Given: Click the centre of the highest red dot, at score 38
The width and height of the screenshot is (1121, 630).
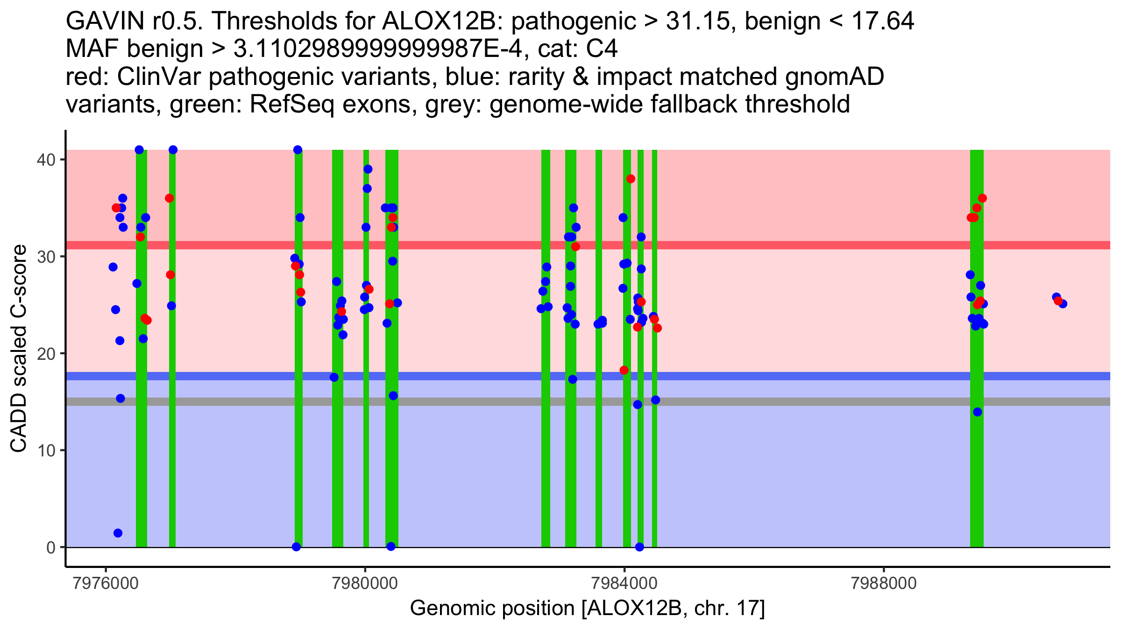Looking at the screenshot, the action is coord(631,179).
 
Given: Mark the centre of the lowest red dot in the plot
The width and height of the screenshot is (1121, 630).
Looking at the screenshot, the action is coord(624,370).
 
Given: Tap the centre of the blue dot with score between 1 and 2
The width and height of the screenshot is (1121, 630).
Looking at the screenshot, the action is coord(118,533).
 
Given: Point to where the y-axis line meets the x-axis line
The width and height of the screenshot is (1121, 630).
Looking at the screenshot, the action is coord(66,567).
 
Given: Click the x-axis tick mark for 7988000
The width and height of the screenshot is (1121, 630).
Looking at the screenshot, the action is coord(884,570).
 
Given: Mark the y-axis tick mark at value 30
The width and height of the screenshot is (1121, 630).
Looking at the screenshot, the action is coord(63,256).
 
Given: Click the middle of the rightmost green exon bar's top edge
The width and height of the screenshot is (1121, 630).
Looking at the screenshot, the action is coord(977,150).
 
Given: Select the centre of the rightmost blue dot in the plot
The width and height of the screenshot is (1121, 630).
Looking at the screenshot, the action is coord(1063,304).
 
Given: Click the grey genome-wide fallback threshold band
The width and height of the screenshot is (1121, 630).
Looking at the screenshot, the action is coord(588,401).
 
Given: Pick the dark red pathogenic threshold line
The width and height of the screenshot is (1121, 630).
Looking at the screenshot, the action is coord(588,245).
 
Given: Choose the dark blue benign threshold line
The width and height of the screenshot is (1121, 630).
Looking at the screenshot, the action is coord(588,376).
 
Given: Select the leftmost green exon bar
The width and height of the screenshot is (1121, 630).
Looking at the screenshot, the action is coord(142,348).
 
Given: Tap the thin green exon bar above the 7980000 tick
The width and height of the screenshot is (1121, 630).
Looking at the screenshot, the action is coord(366,348).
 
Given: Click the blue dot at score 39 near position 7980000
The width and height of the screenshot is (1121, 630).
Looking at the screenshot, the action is coord(368,169).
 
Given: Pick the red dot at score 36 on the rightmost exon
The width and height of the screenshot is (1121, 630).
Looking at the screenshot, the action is coord(982,198).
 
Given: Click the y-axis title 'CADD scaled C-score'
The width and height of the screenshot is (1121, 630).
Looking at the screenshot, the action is coord(19,349).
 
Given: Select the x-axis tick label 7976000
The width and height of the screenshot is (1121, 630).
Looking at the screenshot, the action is coord(106,584).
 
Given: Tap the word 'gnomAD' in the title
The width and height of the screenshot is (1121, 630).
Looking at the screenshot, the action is coord(835,77).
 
